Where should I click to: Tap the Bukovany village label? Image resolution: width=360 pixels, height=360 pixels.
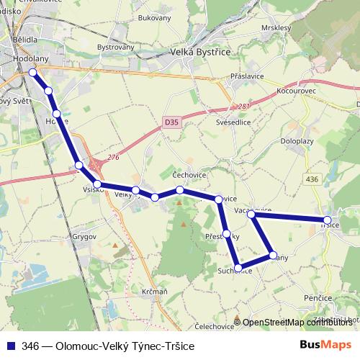pyautogui.click(x=155, y=17)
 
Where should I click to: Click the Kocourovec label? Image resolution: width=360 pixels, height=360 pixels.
pyautogui.click(x=297, y=92)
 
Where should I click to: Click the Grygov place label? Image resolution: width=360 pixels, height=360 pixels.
pyautogui.click(x=84, y=235)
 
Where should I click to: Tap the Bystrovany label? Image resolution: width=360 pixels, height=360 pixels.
pyautogui.click(x=116, y=48)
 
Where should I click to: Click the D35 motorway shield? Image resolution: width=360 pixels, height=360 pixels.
pyautogui.click(x=171, y=123)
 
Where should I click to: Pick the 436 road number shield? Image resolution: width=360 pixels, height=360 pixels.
pyautogui.click(x=312, y=178)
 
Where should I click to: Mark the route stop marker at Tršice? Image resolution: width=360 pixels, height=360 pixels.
pyautogui.click(x=328, y=220)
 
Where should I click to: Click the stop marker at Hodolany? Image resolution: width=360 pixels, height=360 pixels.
pyautogui.click(x=32, y=73)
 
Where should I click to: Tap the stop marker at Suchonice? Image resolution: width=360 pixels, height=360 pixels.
pyautogui.click(x=239, y=268)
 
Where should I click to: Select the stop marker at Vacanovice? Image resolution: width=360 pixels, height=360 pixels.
pyautogui.click(x=251, y=215)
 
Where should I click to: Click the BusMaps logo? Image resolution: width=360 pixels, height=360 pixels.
pyautogui.click(x=326, y=345)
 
